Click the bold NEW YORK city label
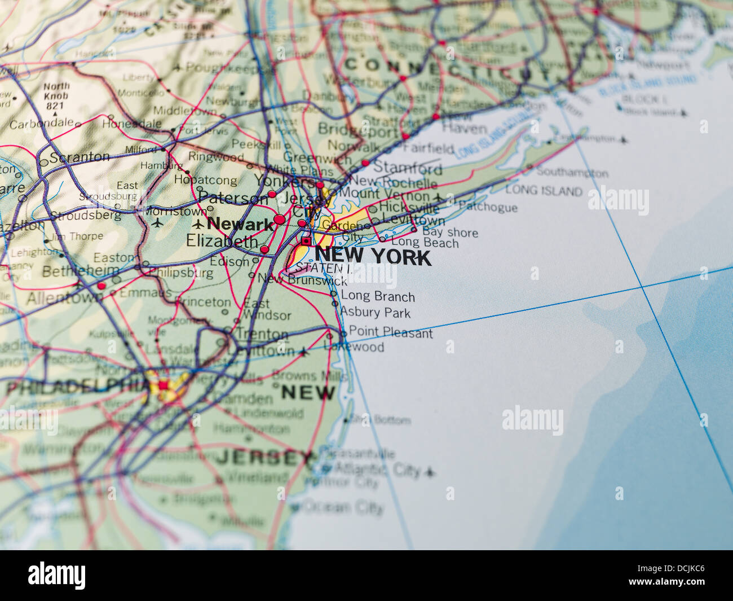(373, 257)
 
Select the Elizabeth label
(222, 242)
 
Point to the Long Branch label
(377, 296)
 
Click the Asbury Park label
(375, 312)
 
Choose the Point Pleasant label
(390, 332)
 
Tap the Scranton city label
(79, 157)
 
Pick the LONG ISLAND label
(543, 190)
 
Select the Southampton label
(572, 173)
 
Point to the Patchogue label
(488, 207)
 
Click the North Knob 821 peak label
(56, 96)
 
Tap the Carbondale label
(41, 123)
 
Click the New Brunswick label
(302, 279)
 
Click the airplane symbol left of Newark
(198, 224)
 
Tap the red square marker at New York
(306, 242)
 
